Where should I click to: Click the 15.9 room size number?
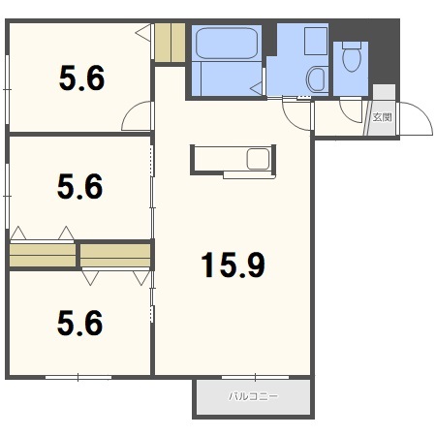click(233, 265)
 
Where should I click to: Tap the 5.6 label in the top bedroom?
click(82, 78)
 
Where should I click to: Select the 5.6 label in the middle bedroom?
click(80, 186)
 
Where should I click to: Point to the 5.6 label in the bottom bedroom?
click(80, 323)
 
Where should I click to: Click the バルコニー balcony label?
click(253, 396)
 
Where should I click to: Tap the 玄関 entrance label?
click(383, 117)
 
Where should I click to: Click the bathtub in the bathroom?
click(227, 44)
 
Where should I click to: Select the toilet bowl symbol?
click(352, 56)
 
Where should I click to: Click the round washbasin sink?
click(316, 79)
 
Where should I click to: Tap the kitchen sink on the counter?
click(258, 159)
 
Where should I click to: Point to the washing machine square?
click(316, 42)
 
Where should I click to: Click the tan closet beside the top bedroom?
click(170, 43)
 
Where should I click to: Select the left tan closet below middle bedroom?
click(43, 255)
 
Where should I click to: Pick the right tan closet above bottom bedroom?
click(115, 255)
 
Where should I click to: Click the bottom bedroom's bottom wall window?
click(78, 377)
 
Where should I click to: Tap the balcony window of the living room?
click(255, 377)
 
